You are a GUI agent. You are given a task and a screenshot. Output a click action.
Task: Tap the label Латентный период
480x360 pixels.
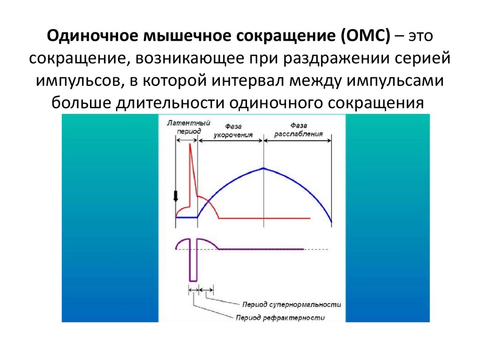[x=188, y=127]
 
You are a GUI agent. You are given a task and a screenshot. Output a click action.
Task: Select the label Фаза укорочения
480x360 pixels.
[x=233, y=130]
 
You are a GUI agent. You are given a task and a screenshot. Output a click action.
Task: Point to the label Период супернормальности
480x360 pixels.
[x=292, y=304]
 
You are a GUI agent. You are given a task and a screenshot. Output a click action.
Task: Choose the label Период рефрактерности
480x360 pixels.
[x=280, y=317]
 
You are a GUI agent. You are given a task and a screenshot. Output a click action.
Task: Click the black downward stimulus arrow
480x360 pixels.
[x=176, y=196]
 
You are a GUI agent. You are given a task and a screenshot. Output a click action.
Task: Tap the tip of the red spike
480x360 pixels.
[x=190, y=144]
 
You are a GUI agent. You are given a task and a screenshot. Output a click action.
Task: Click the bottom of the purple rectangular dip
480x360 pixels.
[x=193, y=280]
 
